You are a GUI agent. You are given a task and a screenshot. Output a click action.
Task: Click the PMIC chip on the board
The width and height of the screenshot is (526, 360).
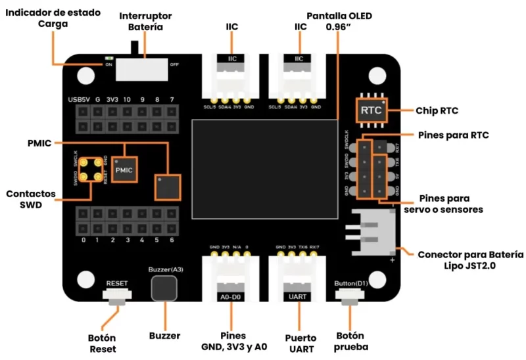[x=124, y=169]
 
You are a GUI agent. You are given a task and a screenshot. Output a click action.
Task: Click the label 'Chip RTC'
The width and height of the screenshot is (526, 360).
[x=437, y=110]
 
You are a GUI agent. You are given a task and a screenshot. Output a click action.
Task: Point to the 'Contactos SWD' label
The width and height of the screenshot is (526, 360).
[x=31, y=200]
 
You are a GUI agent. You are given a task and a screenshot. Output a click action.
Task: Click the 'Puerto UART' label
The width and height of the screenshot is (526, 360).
[x=300, y=342]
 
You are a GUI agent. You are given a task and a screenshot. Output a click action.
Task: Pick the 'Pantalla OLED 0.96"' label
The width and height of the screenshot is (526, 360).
[x=335, y=21]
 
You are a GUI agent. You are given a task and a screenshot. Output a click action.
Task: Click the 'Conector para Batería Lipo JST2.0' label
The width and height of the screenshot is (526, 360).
[x=471, y=259]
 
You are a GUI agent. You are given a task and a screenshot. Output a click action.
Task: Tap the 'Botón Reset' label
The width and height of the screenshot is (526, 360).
[x=102, y=343]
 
